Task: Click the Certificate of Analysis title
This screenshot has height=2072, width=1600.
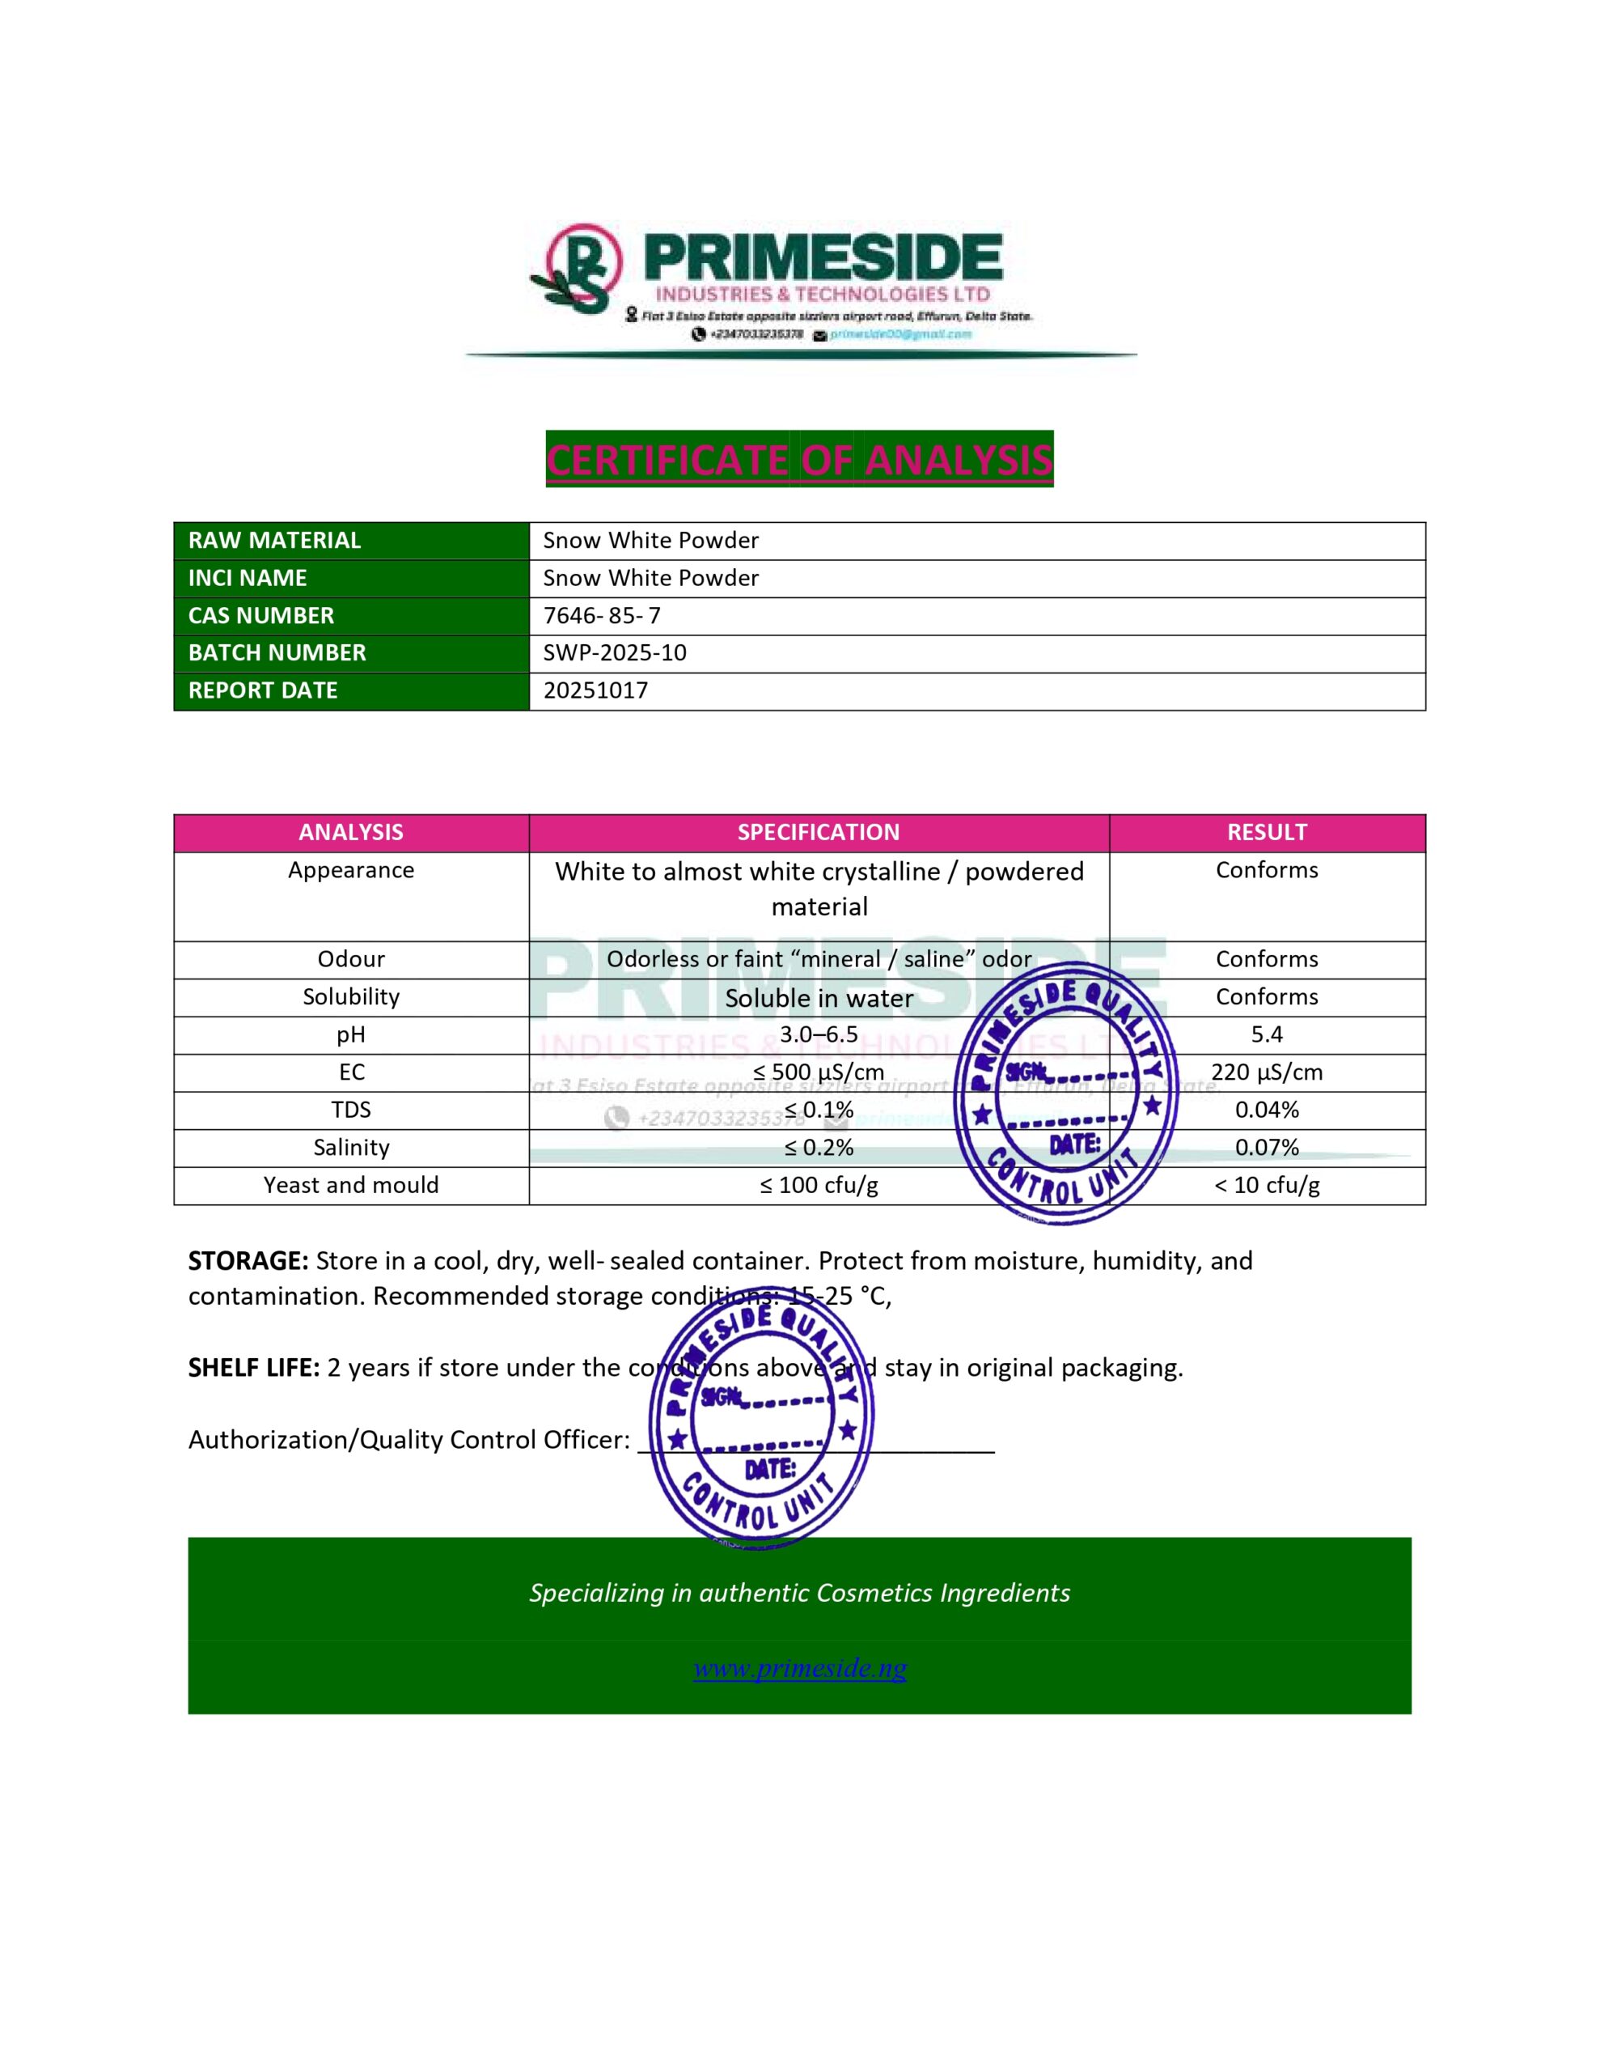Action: (798, 459)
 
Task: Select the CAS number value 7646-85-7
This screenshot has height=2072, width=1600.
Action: (601, 615)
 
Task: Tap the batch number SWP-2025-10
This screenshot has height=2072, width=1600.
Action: (614, 652)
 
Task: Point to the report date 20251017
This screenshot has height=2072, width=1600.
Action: (595, 690)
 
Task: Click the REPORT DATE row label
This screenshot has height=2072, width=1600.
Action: (263, 690)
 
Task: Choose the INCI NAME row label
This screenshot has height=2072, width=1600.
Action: (248, 578)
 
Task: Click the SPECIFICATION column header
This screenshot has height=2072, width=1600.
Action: (818, 832)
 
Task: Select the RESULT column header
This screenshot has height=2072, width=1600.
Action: (1266, 832)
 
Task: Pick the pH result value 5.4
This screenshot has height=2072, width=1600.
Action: (1266, 1034)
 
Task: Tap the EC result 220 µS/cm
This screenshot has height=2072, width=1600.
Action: (1266, 1072)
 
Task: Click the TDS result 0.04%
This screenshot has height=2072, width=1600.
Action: (1266, 1110)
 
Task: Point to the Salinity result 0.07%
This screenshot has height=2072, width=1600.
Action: (1266, 1147)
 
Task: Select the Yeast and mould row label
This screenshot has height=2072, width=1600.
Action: (351, 1185)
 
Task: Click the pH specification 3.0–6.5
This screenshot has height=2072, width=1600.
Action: (818, 1034)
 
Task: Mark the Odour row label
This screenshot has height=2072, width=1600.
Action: (351, 959)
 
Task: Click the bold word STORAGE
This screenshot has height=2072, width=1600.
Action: (248, 1261)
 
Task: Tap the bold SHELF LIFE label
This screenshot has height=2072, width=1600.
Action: (253, 1367)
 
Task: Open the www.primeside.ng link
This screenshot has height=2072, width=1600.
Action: (798, 1668)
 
